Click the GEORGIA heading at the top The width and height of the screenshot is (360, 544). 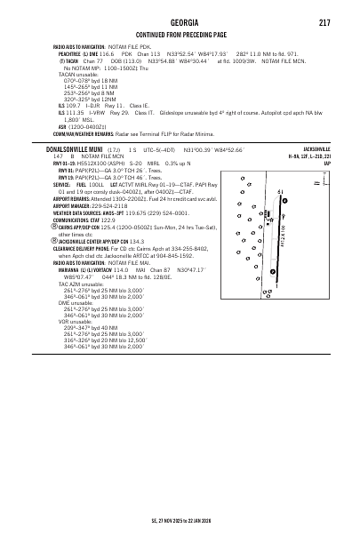tap(180, 20)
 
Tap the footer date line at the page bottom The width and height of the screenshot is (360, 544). tap(180, 519)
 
